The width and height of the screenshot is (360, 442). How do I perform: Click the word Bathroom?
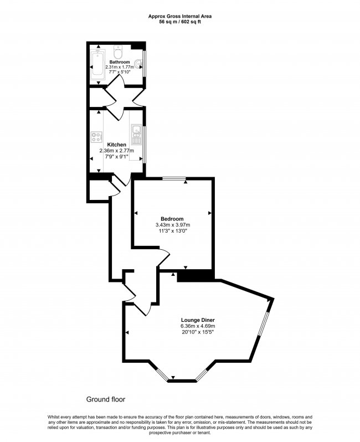[x=119, y=61]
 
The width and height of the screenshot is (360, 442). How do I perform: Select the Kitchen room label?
[x=116, y=145]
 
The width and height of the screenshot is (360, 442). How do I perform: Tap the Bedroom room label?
[x=172, y=219]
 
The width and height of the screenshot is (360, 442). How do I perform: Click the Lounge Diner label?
[x=198, y=320]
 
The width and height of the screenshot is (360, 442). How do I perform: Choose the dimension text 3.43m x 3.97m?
[x=172, y=225]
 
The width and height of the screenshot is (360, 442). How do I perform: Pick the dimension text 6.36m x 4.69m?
[x=198, y=326]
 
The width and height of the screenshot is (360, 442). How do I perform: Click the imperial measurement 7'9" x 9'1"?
[x=116, y=156]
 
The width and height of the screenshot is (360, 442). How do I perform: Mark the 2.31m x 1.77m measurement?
[x=119, y=66]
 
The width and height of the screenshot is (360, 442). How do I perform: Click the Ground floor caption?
[x=106, y=399]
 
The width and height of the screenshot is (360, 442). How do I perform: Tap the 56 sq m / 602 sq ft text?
[x=180, y=22]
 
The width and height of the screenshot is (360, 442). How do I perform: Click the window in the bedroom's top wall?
[x=174, y=178]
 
